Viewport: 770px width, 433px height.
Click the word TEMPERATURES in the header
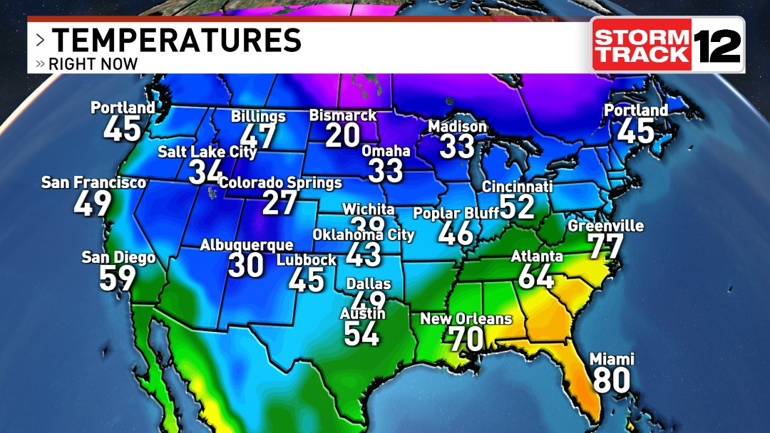coord(177,40)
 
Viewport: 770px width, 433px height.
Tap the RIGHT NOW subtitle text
coord(93,64)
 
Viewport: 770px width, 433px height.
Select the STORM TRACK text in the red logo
coord(642,45)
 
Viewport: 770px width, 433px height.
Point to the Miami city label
coord(612,360)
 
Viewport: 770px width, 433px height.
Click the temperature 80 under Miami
coord(612,380)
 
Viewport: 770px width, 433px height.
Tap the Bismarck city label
coord(342,115)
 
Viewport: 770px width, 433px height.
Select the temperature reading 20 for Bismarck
coord(342,135)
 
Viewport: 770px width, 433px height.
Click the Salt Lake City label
coord(207,152)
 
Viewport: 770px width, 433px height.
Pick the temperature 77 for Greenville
coord(605,247)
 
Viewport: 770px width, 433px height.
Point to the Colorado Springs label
coord(280,183)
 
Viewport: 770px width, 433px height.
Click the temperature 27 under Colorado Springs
coord(279,203)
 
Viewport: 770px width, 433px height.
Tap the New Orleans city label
coord(466,318)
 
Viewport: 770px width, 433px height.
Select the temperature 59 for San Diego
coord(117,278)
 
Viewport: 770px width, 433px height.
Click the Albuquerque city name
coord(246,245)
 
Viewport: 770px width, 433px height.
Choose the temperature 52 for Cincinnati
coord(517,207)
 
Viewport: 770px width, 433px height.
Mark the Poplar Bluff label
coord(456,213)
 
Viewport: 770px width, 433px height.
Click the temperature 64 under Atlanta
coord(536,276)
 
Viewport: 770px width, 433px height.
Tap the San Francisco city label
coord(93,183)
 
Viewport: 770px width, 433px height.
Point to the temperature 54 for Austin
coord(362,333)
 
